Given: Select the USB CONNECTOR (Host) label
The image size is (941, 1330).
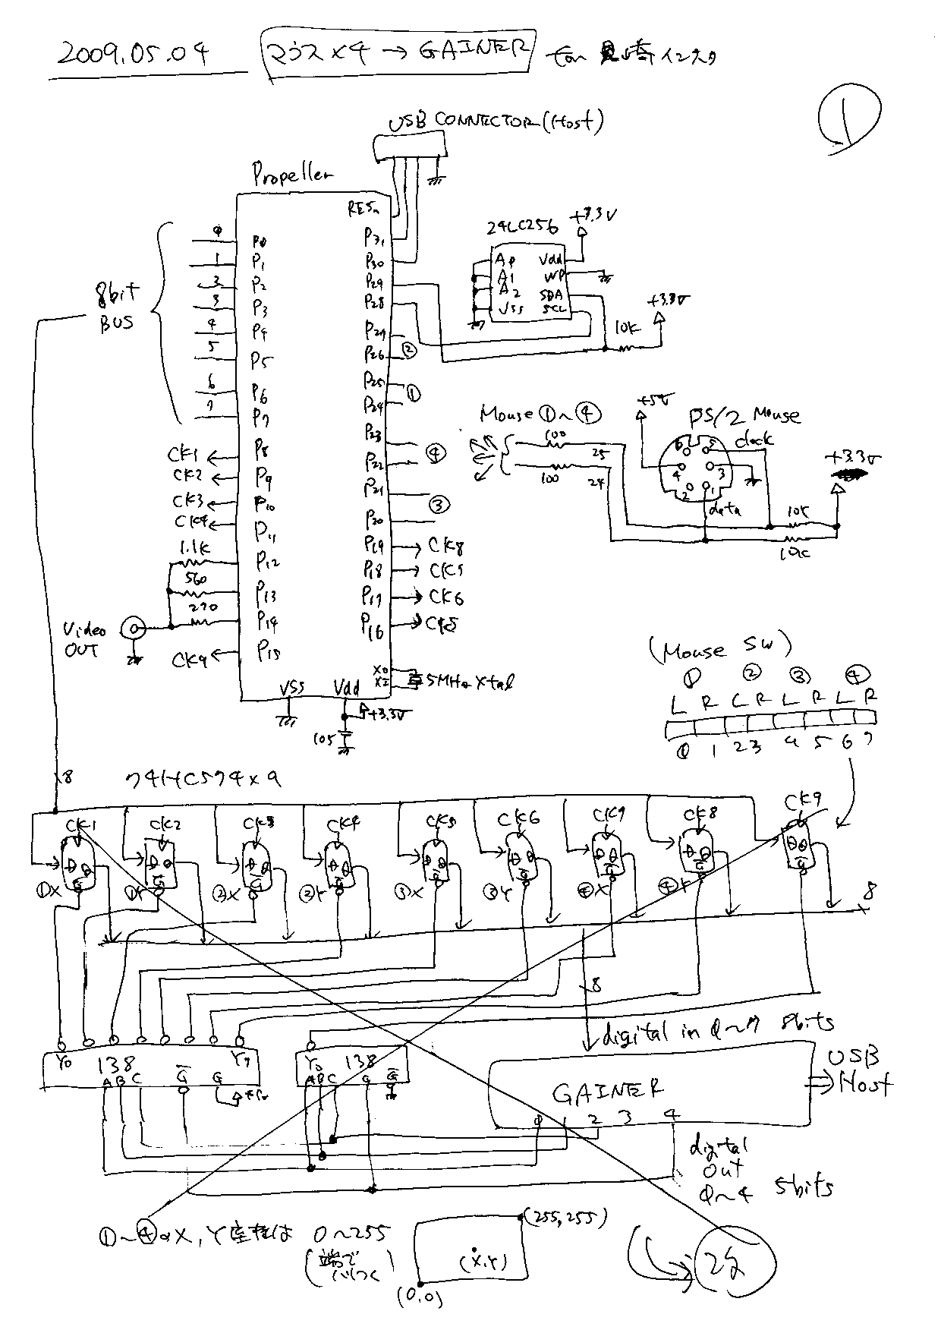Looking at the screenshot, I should (496, 122).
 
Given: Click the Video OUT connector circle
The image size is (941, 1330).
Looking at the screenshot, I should (135, 628).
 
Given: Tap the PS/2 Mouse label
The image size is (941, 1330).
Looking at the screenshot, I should (744, 415).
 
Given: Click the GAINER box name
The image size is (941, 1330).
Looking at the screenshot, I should (608, 1092).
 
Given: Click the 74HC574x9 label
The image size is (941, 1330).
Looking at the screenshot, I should (203, 780).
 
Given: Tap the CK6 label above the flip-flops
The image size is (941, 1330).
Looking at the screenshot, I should (518, 818).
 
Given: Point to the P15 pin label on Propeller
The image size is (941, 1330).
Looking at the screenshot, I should (269, 651).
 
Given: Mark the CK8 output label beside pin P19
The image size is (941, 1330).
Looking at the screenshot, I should (447, 546).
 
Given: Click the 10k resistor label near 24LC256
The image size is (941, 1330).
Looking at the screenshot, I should (628, 328).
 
